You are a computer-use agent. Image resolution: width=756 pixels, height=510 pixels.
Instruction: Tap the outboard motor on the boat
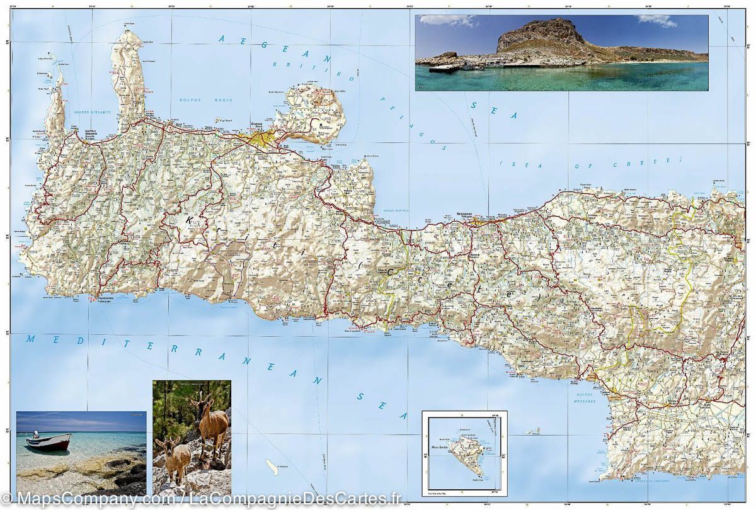[36, 434]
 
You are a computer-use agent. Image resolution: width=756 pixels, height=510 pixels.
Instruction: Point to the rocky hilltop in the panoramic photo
[539, 35]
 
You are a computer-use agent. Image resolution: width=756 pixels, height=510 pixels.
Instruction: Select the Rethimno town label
[468, 214]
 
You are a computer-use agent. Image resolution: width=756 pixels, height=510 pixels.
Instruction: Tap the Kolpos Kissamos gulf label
[92, 112]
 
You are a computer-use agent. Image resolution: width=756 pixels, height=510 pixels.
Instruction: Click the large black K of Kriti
[189, 222]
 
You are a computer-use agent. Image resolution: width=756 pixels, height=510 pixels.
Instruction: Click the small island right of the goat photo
[272, 467]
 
